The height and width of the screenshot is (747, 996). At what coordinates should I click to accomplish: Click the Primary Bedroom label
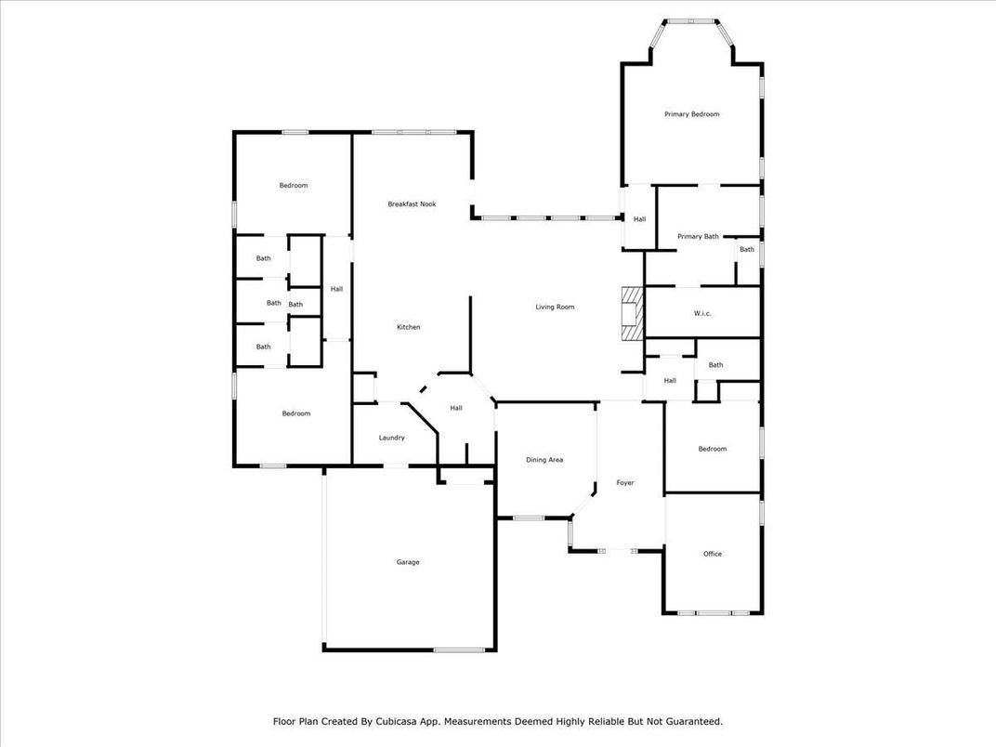pyautogui.click(x=691, y=114)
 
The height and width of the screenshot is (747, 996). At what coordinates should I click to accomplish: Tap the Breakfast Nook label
pyautogui.click(x=412, y=203)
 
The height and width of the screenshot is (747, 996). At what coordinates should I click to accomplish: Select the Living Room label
pyautogui.click(x=555, y=307)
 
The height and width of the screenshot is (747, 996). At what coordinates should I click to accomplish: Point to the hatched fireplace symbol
pyautogui.click(x=632, y=314)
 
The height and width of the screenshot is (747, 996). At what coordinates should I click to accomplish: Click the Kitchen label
pyautogui.click(x=409, y=327)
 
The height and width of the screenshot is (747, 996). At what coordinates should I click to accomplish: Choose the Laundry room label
pyautogui.click(x=391, y=438)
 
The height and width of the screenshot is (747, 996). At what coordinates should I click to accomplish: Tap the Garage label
pyautogui.click(x=408, y=562)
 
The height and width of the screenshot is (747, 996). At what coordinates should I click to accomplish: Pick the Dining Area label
pyautogui.click(x=544, y=460)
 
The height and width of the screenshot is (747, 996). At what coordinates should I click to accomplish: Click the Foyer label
pyautogui.click(x=625, y=483)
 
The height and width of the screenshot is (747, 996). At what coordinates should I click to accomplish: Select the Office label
pyautogui.click(x=713, y=554)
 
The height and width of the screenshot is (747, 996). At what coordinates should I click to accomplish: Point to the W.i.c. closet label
pyautogui.click(x=702, y=313)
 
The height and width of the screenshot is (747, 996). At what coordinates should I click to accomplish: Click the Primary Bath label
pyautogui.click(x=697, y=236)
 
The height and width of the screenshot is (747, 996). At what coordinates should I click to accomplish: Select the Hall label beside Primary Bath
pyautogui.click(x=639, y=219)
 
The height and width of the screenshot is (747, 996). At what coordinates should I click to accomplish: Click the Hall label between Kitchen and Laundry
pyautogui.click(x=456, y=408)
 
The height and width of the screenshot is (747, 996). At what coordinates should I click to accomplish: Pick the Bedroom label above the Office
pyautogui.click(x=713, y=449)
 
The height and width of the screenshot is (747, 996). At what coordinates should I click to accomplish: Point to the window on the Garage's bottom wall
pyautogui.click(x=457, y=649)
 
